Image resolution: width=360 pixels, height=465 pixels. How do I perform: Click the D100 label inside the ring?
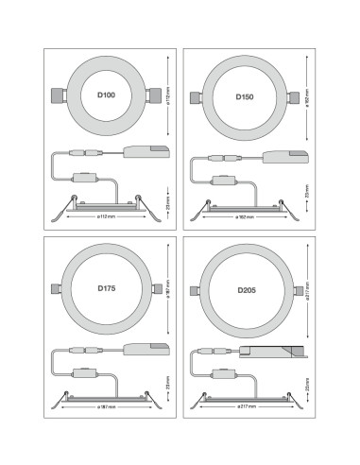106,95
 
